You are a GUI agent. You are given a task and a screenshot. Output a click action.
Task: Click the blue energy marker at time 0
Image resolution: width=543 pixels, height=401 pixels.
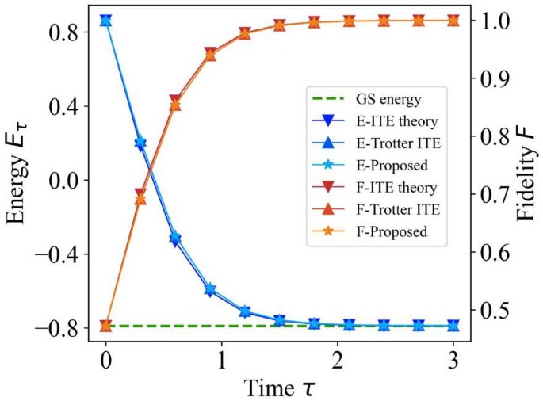(105, 21)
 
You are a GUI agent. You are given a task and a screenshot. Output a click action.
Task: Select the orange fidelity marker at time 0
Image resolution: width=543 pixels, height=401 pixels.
(105, 325)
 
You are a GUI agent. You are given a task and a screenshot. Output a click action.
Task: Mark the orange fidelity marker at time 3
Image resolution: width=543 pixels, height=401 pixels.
(453, 21)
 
